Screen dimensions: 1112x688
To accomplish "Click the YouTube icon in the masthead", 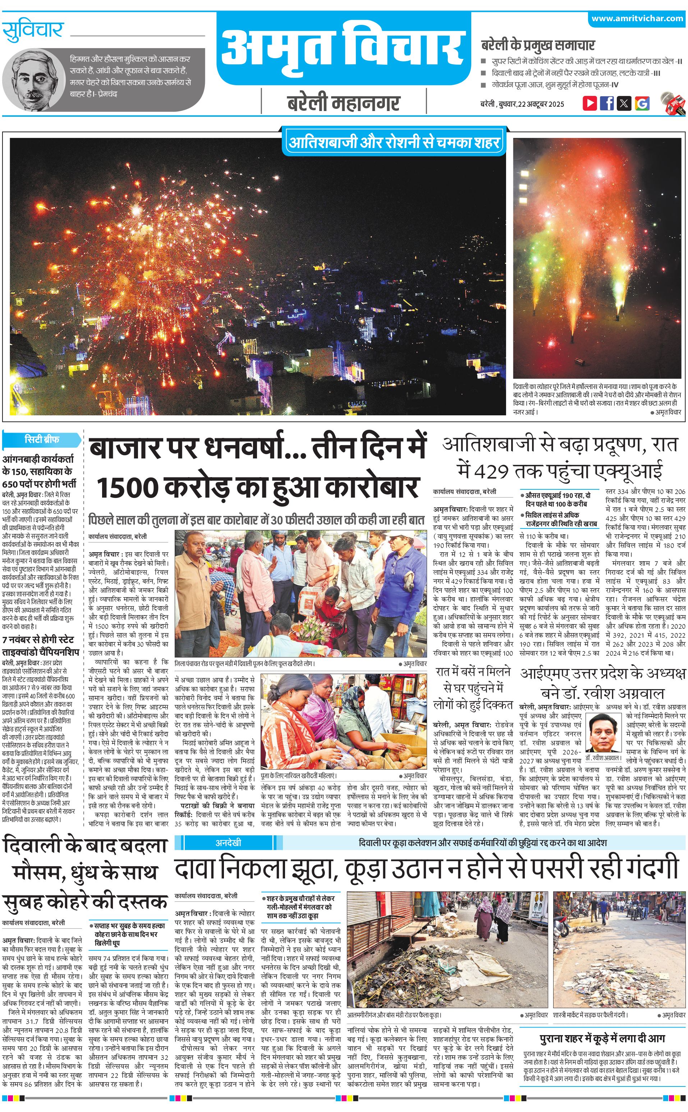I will click(590, 103).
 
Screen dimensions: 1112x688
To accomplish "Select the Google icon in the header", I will click(642, 103).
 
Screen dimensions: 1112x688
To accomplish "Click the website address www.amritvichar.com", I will click(637, 19).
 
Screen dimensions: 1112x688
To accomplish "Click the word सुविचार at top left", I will click(32, 31).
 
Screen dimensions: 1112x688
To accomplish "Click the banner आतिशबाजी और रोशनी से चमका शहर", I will click(394, 143).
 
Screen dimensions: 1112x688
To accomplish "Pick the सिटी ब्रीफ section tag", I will click(42, 440).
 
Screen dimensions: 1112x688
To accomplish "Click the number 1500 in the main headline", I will click(127, 488).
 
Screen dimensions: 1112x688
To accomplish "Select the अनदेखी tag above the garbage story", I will click(228, 842).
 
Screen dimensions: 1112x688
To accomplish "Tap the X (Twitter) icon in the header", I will click(624, 103).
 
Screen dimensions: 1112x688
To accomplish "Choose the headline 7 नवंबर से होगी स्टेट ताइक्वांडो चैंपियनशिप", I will click(41, 646).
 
